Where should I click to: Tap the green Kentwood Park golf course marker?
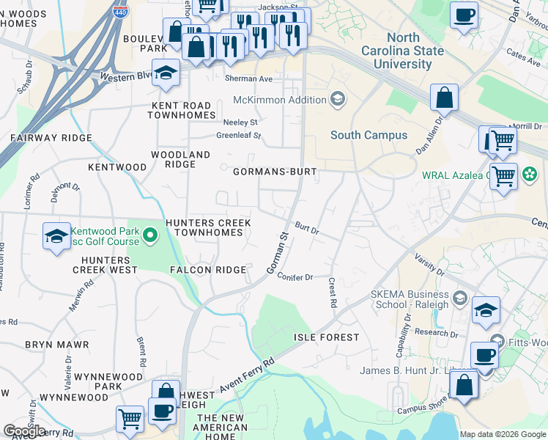coord(150,235)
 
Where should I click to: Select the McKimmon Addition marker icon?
coord(338,100)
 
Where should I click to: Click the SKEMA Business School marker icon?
coord(459,298)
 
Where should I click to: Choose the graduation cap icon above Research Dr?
coord(486,309)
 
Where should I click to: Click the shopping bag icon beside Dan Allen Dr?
coord(444,97)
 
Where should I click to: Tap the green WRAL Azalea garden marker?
coord(526,175)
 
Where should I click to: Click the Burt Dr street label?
coord(308,230)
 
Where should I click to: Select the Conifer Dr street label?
coord(295,277)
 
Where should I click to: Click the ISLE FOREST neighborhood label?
coord(327,337)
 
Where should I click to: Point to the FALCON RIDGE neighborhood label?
coord(207,270)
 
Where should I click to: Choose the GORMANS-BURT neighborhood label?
coord(275,172)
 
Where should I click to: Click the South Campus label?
coord(369,135)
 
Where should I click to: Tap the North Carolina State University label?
coord(402,51)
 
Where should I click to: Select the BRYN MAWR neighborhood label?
coord(56,344)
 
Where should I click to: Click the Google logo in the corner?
coord(25,431)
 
